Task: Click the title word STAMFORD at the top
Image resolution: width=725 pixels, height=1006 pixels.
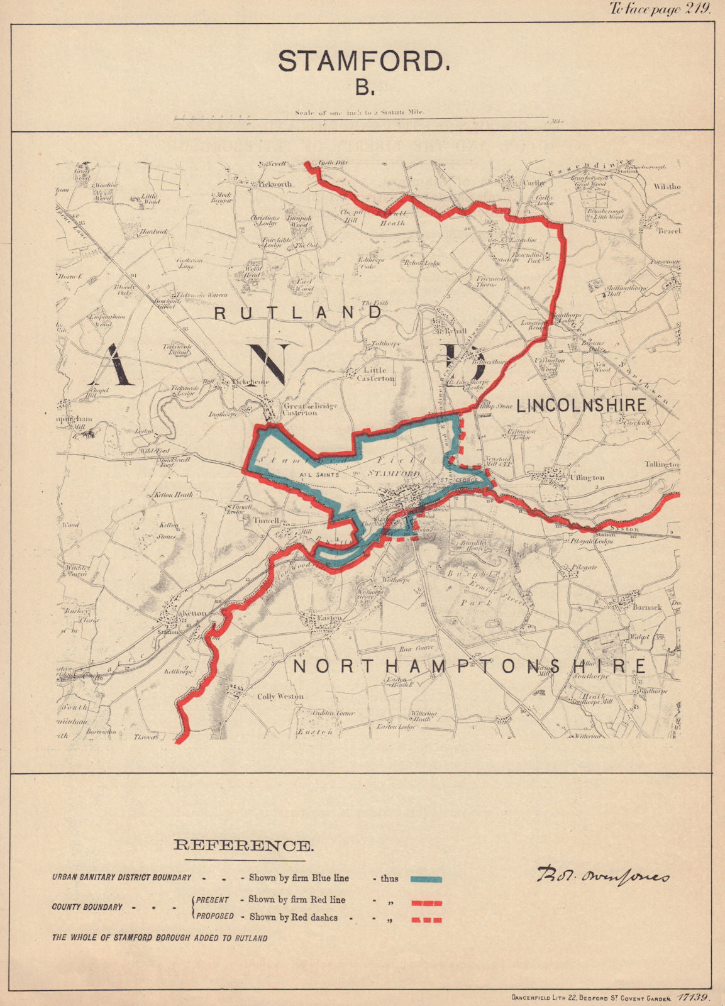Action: [x=363, y=61]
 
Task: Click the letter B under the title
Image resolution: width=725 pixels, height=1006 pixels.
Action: [x=363, y=87]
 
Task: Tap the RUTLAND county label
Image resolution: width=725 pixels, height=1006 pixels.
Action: [x=299, y=312]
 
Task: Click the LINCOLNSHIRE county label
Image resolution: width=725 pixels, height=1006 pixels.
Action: [x=582, y=405]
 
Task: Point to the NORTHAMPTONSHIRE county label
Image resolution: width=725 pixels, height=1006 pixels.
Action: [x=470, y=666]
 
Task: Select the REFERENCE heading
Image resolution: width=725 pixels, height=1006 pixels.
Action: [x=243, y=846]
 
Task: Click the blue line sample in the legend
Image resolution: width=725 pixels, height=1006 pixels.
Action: [x=426, y=880]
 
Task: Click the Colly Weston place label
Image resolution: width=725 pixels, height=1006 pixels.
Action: [x=280, y=696]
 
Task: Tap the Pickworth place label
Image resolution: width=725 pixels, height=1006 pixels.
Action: [x=275, y=185]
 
